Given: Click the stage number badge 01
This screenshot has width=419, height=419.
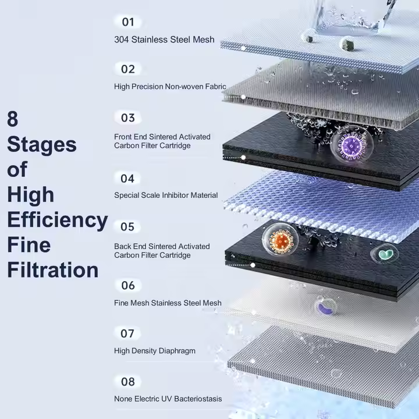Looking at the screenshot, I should point(128,22).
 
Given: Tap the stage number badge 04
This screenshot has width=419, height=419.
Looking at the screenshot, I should point(128,178).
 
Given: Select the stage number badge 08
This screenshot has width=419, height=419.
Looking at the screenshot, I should point(128,382).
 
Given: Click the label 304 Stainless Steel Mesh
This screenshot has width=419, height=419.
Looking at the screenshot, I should point(164,40).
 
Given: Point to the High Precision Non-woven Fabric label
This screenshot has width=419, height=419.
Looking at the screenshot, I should point(170,87).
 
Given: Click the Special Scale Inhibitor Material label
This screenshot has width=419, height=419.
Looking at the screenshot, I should point(166,196).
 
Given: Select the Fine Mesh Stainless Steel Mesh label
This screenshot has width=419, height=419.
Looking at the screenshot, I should point(168,303).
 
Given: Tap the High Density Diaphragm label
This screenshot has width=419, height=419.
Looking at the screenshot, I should point(155,351).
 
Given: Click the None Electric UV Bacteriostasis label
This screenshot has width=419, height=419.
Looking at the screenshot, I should point(168,399).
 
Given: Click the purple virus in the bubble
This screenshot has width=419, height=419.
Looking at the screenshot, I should point(351,145).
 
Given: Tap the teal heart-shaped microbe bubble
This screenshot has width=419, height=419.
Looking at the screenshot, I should point(385,254).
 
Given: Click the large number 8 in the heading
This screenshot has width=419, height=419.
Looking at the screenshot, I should point(13,119).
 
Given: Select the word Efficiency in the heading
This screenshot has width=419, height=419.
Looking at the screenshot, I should point(57,220).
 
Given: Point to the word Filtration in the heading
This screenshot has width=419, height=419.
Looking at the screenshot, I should point(52,270).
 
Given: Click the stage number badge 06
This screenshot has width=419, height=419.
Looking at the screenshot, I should point(128,285).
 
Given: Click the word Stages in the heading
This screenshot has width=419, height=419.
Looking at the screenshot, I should point(41,144).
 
